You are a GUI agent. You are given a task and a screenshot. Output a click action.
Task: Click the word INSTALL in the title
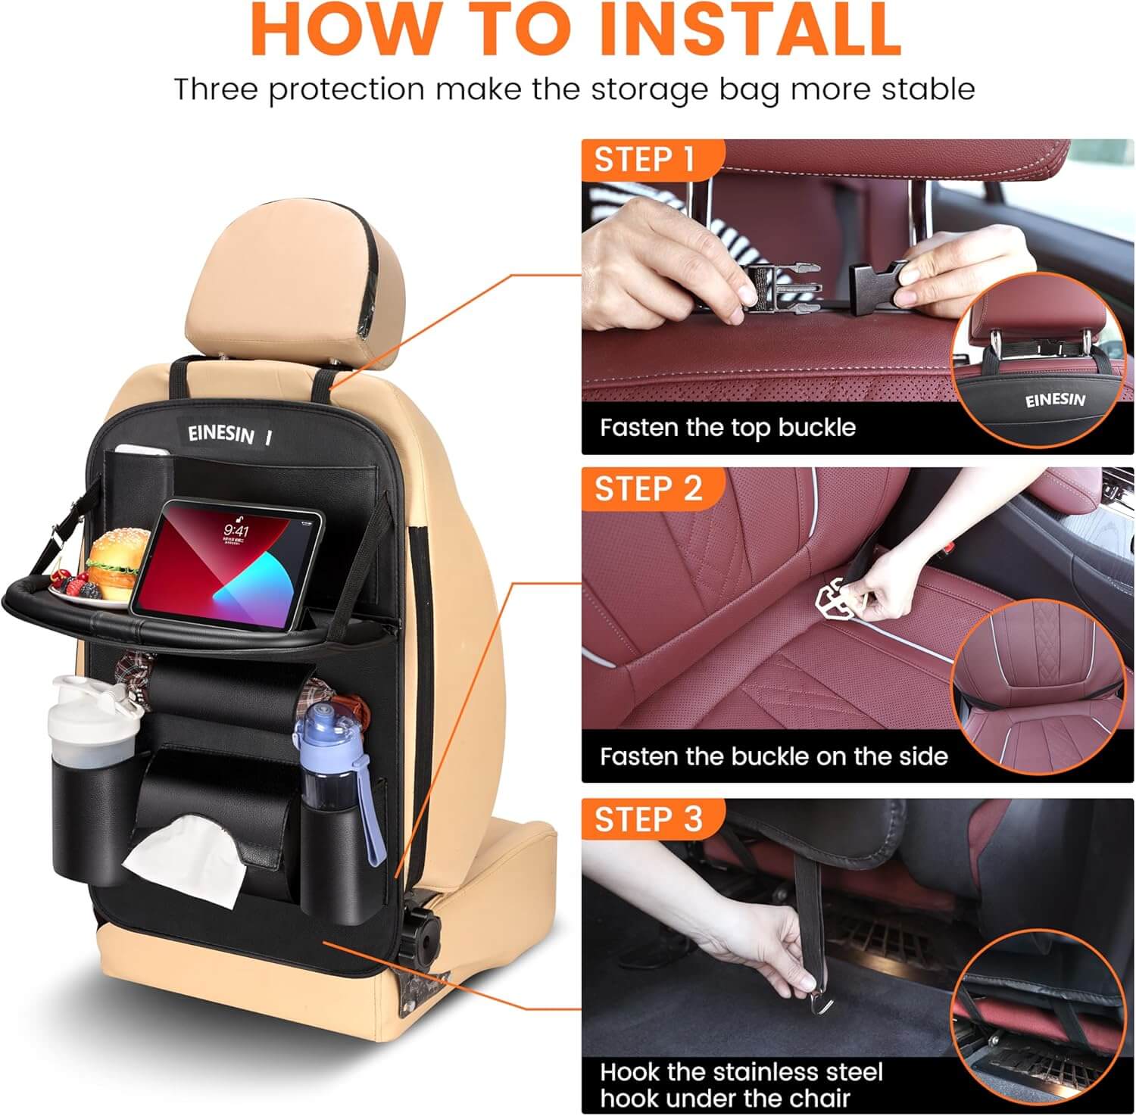pos(749,29)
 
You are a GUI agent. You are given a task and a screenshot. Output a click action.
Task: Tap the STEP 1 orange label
pos(644,160)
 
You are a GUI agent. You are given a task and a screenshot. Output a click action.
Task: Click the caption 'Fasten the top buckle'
pos(727,428)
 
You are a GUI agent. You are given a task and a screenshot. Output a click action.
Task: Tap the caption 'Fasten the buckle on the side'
pos(773,756)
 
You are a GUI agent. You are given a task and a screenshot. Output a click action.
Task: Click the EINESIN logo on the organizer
pos(220,434)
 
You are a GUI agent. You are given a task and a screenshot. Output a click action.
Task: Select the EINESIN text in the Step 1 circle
pos(1054,399)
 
